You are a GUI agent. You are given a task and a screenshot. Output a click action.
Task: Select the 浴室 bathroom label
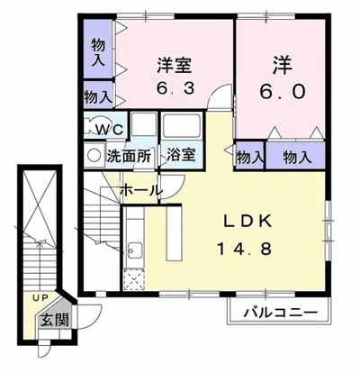[x=181, y=155]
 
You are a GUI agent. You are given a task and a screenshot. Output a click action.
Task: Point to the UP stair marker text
[x=40, y=297]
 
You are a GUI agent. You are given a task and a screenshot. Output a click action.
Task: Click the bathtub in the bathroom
[x=181, y=127]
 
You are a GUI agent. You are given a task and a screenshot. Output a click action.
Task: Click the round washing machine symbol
[x=94, y=155]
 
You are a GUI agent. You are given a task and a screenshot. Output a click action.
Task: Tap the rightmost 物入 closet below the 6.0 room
[x=296, y=156]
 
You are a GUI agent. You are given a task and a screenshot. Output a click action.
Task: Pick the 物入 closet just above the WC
[x=98, y=97]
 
